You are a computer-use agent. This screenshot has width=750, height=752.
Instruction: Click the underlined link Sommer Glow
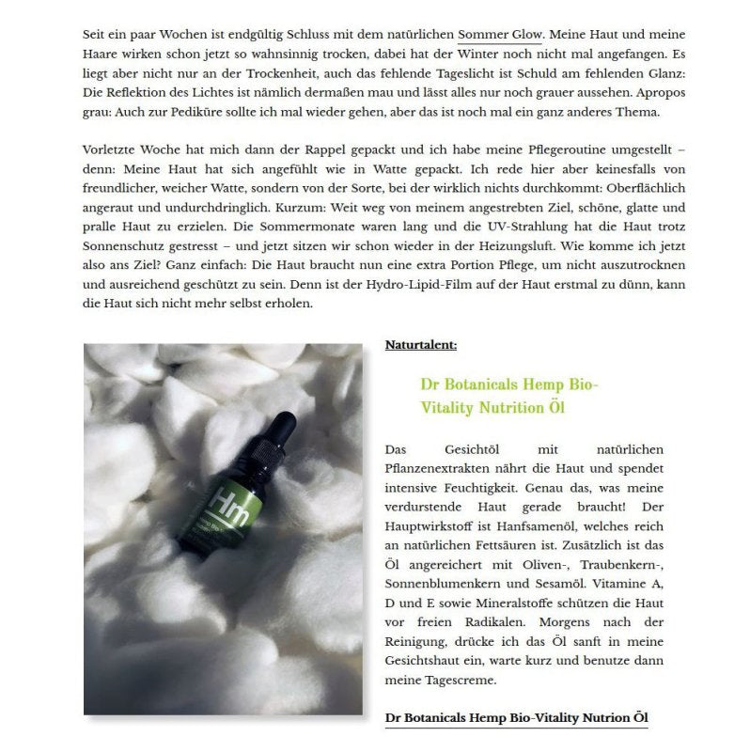500,33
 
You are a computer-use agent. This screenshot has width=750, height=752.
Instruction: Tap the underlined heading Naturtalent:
421,345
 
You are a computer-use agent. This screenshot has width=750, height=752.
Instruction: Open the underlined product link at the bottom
516,718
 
